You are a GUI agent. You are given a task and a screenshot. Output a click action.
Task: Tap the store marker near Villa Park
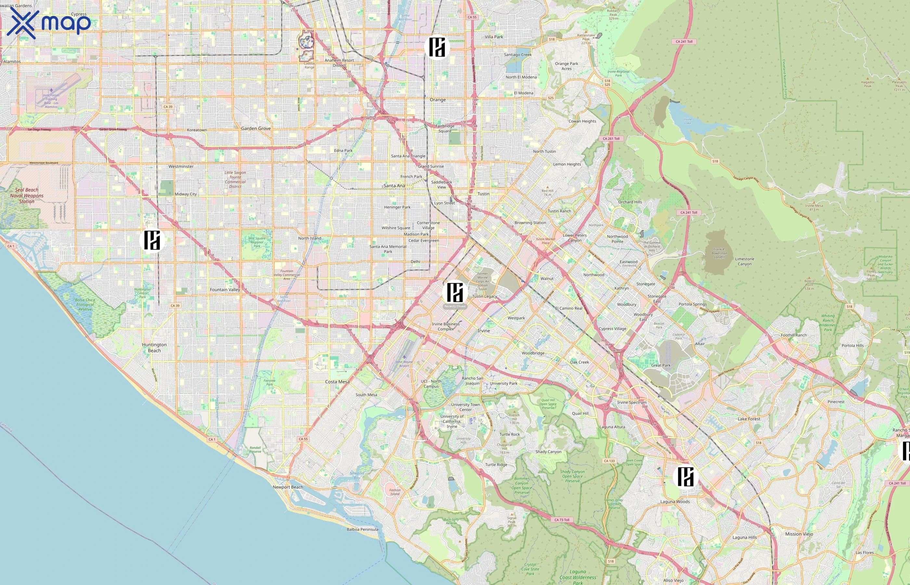pos(437,47)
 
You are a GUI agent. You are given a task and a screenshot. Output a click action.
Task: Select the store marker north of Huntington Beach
pos(152,240)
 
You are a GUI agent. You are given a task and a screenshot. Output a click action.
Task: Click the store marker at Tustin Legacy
pos(455,292)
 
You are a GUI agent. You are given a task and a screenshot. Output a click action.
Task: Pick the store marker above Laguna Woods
pos(685,477)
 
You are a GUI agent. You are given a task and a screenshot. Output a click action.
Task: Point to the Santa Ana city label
pos(394,186)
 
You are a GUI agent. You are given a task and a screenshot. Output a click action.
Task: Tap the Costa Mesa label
pos(337,382)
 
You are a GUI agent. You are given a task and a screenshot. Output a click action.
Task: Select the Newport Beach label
pos(288,487)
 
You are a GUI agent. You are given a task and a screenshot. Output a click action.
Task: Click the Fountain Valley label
pos(225,290)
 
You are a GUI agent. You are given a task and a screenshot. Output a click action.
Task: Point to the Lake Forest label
pos(749,419)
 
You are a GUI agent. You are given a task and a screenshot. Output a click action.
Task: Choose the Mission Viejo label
pos(799,534)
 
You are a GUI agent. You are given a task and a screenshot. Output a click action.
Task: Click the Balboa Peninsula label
pos(362,529)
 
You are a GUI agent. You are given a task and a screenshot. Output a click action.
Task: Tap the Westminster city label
pos(181,166)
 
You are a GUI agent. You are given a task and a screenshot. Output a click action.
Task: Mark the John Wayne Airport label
pos(404,364)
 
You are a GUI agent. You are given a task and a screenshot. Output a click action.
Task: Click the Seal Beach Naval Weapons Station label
pos(27,196)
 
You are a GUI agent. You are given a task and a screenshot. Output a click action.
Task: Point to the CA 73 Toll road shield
pos(562,520)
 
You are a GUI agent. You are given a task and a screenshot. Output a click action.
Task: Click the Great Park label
pos(661,365)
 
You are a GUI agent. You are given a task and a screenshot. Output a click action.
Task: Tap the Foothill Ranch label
pos(794,335)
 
